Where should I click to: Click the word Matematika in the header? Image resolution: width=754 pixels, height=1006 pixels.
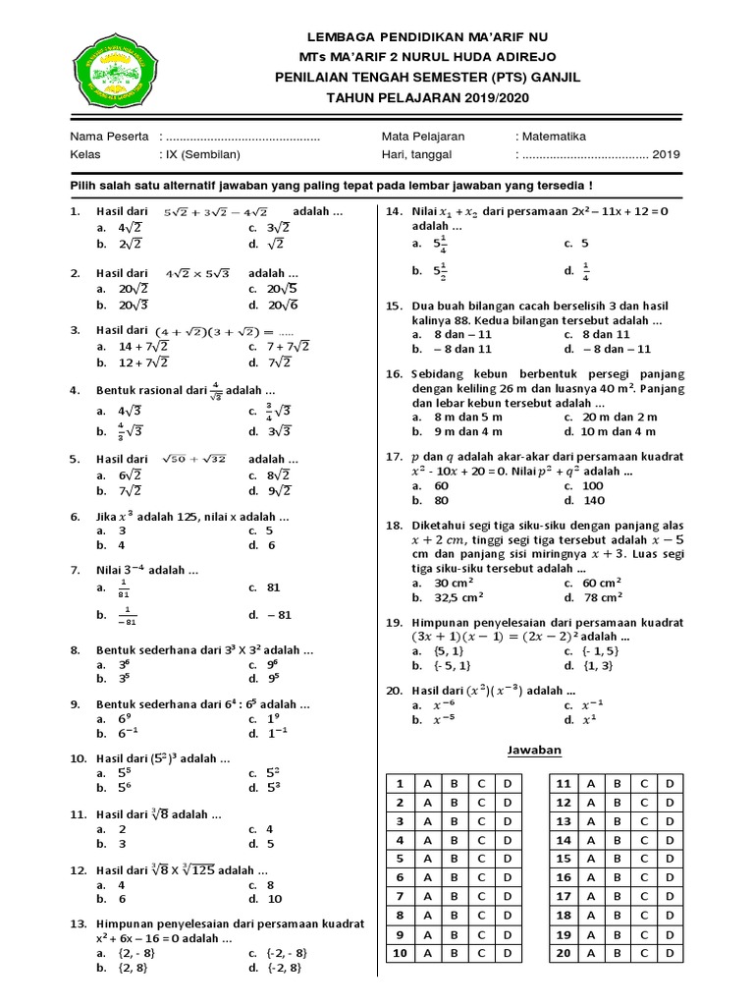(x=554, y=137)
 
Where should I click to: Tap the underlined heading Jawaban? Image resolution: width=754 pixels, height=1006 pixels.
(x=533, y=750)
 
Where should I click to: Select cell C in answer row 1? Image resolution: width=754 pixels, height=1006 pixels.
(x=481, y=784)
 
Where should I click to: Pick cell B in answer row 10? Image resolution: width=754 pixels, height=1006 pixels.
(x=455, y=953)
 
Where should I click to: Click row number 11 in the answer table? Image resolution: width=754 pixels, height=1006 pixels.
(x=564, y=784)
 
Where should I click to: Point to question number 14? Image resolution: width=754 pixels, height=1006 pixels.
(x=394, y=211)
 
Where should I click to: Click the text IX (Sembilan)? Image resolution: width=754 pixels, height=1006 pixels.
(x=200, y=154)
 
